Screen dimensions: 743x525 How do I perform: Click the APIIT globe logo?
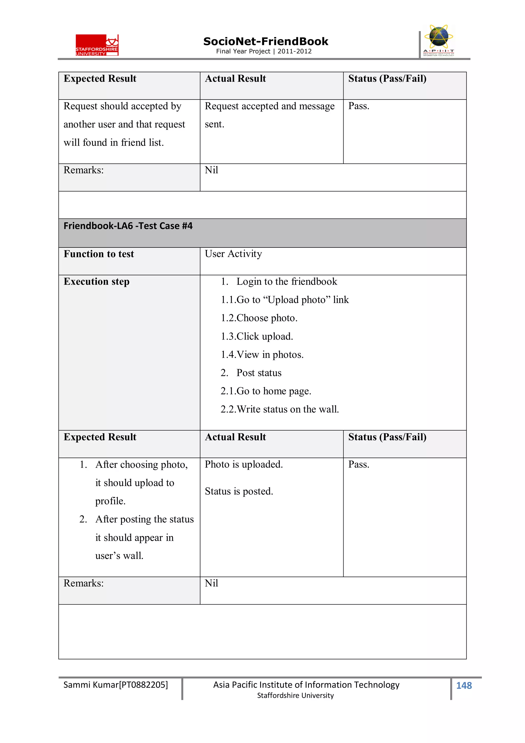438,41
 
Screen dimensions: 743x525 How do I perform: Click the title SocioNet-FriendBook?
266,42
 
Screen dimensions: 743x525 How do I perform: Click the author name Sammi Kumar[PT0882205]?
115,685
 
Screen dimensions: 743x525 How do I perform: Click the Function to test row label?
99,254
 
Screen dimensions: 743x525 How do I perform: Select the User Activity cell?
233,254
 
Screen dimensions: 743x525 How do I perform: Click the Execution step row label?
96,282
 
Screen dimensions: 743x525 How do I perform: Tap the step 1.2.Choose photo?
259,318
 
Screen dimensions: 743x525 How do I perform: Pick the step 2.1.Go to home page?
266,391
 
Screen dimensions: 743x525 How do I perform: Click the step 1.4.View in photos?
262,355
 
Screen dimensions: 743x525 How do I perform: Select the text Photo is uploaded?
244,464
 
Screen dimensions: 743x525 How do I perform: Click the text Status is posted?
239,491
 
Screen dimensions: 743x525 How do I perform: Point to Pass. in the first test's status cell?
358,106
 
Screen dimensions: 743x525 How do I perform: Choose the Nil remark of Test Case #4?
211,583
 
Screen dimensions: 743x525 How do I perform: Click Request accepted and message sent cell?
269,115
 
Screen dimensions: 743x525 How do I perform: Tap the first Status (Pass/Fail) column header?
387,79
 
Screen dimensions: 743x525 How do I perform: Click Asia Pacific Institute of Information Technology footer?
306,685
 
